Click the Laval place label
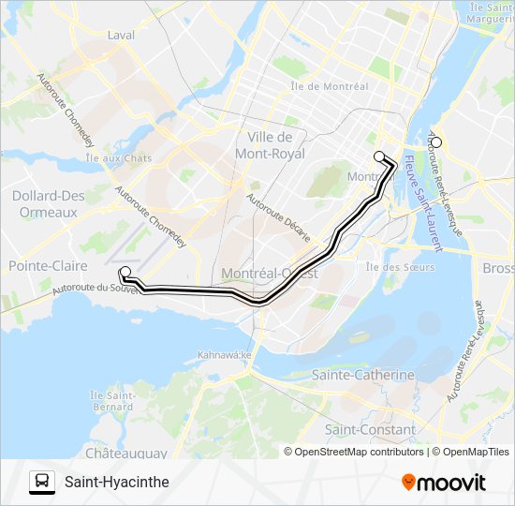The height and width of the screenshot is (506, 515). click(x=122, y=36)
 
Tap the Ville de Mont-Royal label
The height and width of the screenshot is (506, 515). click(x=272, y=144)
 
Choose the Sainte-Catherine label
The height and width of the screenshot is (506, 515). click(x=363, y=375)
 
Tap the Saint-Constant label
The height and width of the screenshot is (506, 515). click(x=370, y=430)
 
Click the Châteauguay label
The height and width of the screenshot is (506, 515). click(x=126, y=454)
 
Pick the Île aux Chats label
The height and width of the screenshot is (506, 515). click(x=118, y=158)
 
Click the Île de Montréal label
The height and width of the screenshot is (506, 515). click(x=329, y=86)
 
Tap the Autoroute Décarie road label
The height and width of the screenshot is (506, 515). click(x=267, y=216)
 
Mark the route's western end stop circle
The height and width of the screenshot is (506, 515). click(x=125, y=272)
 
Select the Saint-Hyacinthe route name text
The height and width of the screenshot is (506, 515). click(x=117, y=483)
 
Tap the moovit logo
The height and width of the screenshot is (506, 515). click(x=444, y=483)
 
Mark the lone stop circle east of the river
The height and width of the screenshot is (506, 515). click(x=435, y=143)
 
